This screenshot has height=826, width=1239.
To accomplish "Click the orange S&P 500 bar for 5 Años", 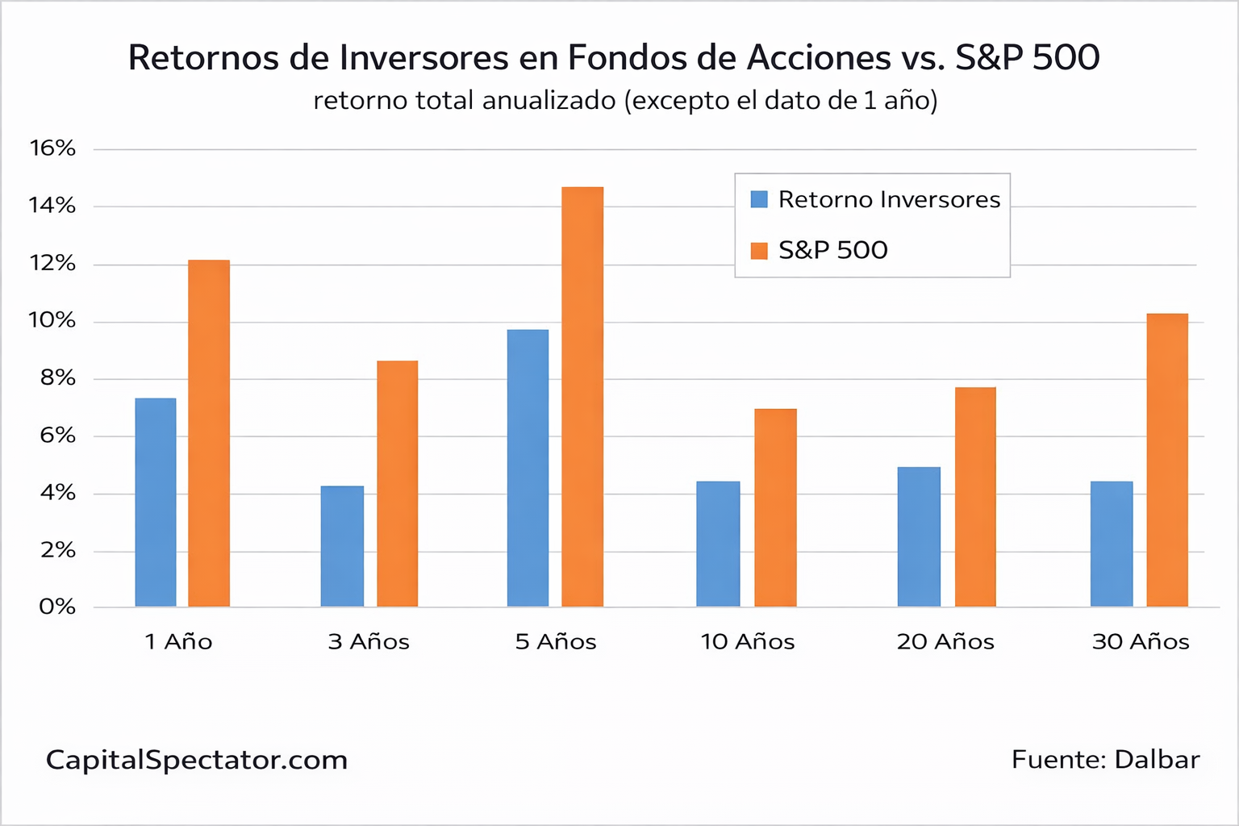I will click(x=582, y=397).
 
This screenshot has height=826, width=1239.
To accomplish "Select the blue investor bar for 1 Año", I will click(x=156, y=503).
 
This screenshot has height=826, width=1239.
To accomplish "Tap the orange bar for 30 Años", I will click(x=1167, y=460).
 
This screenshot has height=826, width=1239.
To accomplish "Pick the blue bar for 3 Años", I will click(x=342, y=546).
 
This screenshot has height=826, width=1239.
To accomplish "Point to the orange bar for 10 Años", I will click(x=775, y=507).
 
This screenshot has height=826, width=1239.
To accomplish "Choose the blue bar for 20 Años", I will click(x=919, y=536).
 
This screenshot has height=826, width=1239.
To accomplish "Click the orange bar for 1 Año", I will click(x=209, y=433).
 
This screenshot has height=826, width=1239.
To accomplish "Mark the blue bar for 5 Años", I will click(x=528, y=468).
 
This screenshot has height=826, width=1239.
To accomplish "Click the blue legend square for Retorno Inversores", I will click(x=759, y=199).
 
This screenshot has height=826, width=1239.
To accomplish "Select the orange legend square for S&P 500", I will click(x=759, y=251).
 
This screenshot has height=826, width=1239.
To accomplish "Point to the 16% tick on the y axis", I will click(x=52, y=148).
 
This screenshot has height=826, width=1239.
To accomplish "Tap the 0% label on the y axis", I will click(x=56, y=607).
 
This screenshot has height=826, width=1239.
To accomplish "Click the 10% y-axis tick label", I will click(x=52, y=320).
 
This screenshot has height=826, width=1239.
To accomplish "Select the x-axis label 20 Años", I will click(x=945, y=642).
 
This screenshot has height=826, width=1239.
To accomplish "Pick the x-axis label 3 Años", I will click(x=369, y=642).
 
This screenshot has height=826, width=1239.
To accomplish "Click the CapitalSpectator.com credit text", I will click(x=197, y=760).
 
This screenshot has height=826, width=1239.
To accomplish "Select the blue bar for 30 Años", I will click(x=1112, y=544).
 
